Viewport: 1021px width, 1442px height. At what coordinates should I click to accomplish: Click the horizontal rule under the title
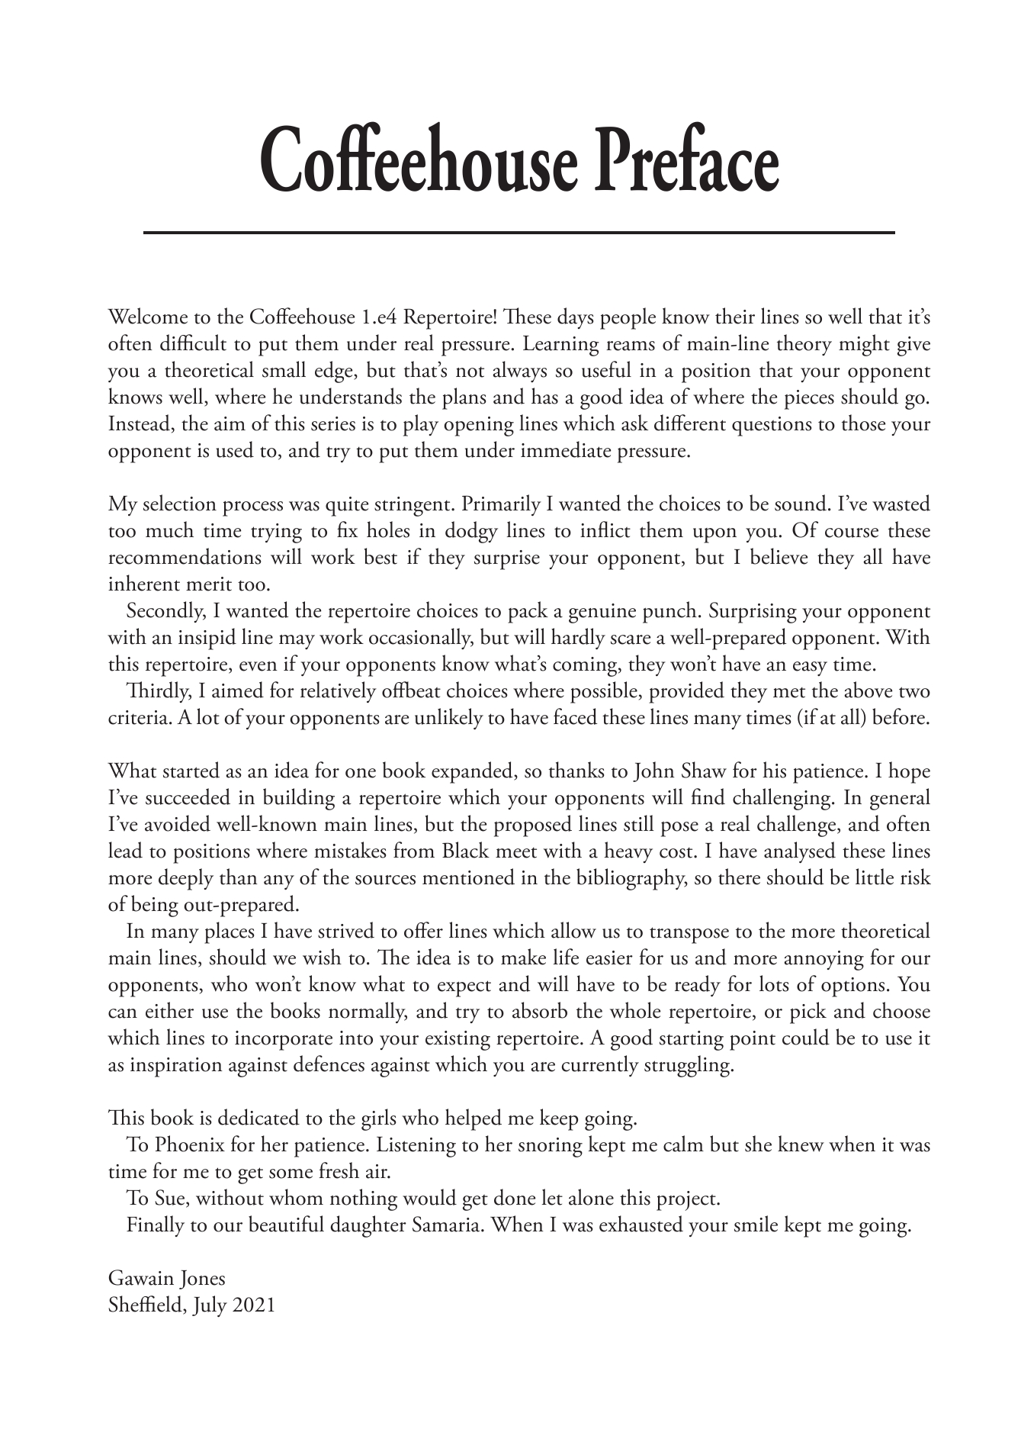tap(519, 232)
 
